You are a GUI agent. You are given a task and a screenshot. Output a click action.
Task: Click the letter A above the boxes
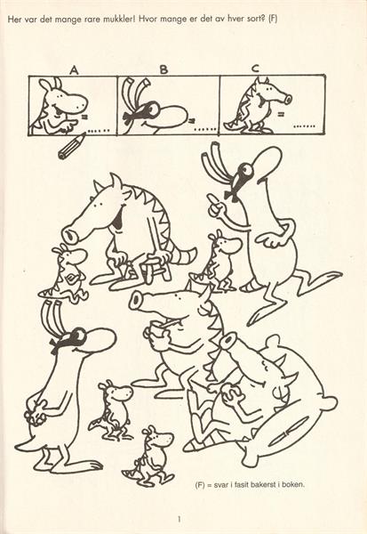click(74, 69)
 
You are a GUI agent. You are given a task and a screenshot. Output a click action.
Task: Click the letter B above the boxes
click(164, 69)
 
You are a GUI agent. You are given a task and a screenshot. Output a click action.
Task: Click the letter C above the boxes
click(255, 69)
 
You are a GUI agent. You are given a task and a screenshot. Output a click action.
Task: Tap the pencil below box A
click(72, 146)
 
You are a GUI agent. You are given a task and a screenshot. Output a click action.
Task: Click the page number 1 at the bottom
click(180, 519)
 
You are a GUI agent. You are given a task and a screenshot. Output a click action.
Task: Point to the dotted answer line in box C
click(305, 126)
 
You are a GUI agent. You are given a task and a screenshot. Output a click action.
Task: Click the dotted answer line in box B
click(204, 129)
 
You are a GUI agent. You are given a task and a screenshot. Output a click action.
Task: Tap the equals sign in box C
click(281, 114)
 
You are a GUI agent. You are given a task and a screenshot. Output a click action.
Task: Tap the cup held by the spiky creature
click(156, 329)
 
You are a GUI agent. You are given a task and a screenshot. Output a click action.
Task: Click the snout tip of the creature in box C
click(288, 100)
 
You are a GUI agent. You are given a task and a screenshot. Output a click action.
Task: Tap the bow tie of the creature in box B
click(129, 117)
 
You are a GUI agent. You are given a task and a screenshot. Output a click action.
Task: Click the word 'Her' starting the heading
click(14, 20)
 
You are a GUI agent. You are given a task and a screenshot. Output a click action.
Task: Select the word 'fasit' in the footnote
click(241, 484)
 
